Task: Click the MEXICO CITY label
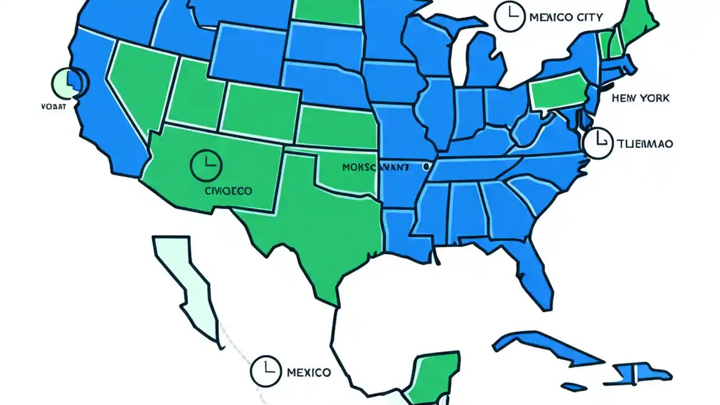[566, 17]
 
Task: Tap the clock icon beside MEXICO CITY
[508, 16]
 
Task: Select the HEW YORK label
[641, 98]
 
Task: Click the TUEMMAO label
[645, 144]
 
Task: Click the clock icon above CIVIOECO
[206, 164]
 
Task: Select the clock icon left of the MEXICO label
[265, 371]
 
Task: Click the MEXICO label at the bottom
[308, 372]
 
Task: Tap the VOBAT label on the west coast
[54, 105]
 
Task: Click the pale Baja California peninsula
[188, 287]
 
